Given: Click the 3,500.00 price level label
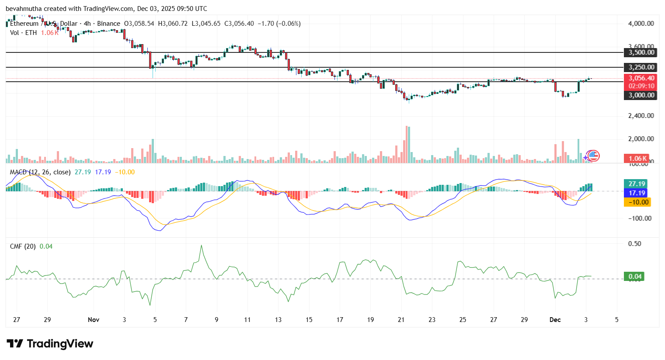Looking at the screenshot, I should pos(641,52).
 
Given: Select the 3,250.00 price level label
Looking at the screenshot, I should pos(641,67).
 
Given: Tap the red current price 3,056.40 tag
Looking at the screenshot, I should pos(641,78).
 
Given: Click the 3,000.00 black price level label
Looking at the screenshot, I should pos(641,95).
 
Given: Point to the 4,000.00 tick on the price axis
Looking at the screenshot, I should pos(641,24).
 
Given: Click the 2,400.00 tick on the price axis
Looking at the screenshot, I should pos(641,116).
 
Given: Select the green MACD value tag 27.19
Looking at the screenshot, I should pos(637,184).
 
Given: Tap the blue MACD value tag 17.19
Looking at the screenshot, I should pos(637,193).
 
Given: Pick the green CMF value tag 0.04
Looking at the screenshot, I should pos(634,277).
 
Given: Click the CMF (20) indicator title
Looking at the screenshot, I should pos(23,246).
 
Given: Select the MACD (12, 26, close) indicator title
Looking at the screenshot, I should pos(40,172).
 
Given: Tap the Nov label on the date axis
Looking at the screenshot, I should pos(94,320).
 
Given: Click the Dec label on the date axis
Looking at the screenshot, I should pos(555,320).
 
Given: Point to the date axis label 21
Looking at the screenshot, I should pos(401,320).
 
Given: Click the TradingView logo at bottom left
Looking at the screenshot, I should pos(50,344).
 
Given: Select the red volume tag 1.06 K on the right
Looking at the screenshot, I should pos(637,159).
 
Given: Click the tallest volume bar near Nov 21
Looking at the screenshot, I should pos(407,144).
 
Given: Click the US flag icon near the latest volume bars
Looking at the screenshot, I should pos(593,156).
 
